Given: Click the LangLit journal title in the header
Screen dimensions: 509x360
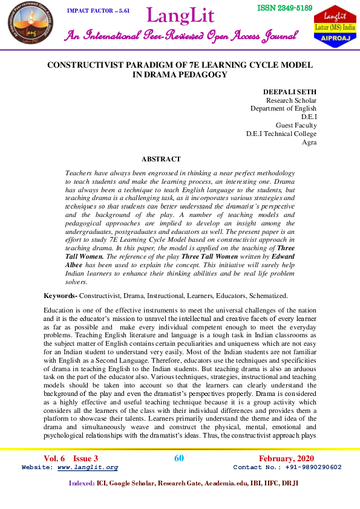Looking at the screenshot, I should click(x=180, y=16).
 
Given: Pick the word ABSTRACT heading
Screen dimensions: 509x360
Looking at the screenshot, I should click(x=161, y=159).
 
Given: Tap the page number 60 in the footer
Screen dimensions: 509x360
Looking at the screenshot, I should click(x=179, y=458).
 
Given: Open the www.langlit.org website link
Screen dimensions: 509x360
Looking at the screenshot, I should click(x=86, y=467).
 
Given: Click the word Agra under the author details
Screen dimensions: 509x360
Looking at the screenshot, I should click(x=309, y=142).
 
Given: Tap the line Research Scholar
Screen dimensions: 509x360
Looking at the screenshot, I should click(x=291, y=100).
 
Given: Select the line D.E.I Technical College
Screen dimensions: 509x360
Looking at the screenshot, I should click(x=281, y=134).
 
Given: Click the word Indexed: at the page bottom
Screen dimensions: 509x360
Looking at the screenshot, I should click(x=82, y=483).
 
